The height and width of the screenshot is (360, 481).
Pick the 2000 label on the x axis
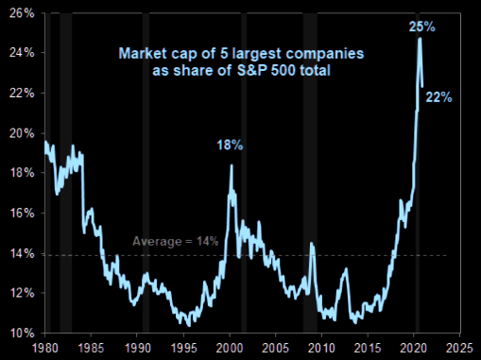pyautogui.click(x=231, y=347)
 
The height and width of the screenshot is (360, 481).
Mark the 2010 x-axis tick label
pyautogui.click(x=321, y=347)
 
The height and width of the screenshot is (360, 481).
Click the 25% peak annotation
pyautogui.click(x=421, y=27)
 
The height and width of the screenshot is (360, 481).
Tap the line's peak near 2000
pyautogui.click(x=232, y=166)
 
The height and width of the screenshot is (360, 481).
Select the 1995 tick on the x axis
pyautogui.click(x=184, y=347)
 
